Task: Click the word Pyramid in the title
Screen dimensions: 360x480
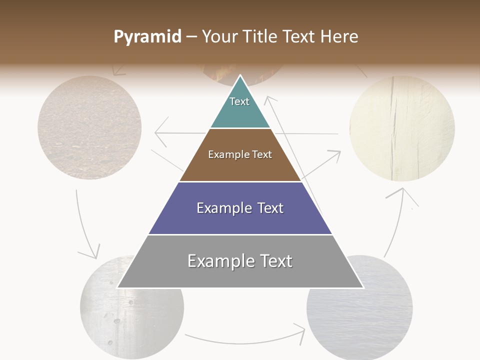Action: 147,36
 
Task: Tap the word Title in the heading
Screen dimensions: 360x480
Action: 261,36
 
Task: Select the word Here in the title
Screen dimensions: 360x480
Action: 339,36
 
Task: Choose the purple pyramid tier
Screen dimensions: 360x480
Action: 240,220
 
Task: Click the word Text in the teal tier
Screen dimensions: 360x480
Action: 239,101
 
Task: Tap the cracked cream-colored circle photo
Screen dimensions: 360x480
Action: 402,128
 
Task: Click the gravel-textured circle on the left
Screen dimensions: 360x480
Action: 89,127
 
